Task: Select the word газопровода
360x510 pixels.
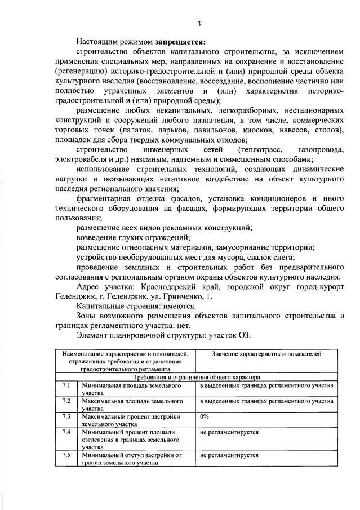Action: point(319,150)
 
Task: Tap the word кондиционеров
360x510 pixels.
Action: point(279,198)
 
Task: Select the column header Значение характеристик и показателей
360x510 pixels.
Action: point(266,354)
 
